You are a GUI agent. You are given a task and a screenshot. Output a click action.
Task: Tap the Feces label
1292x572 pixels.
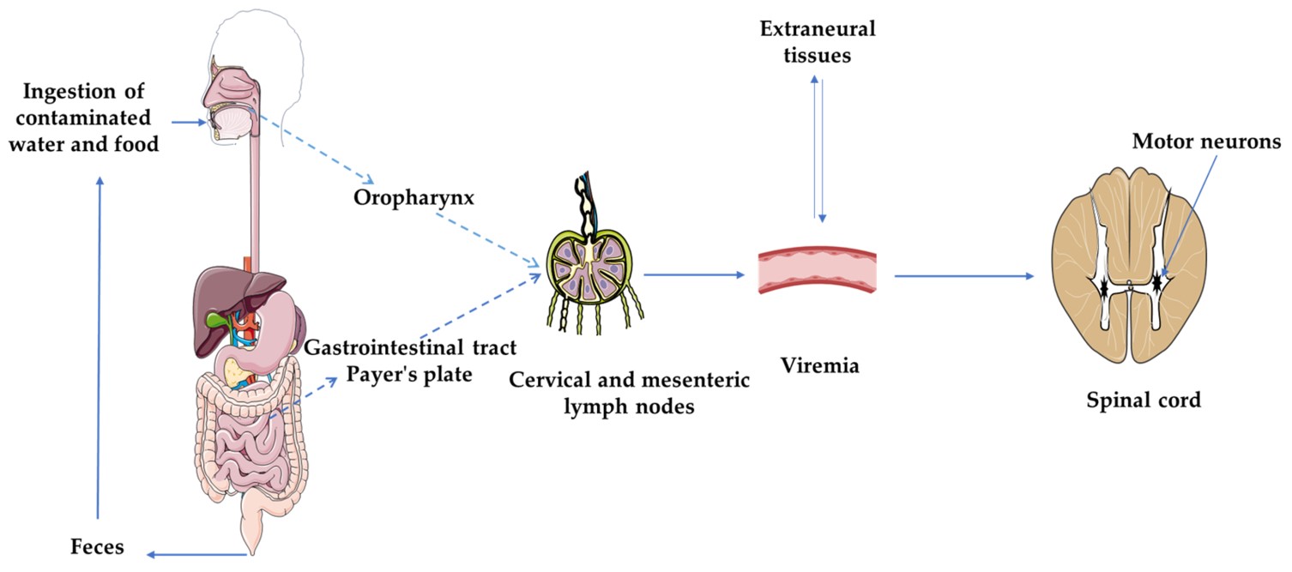tap(97, 546)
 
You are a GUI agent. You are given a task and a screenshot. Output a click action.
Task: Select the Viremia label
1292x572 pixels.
tap(819, 365)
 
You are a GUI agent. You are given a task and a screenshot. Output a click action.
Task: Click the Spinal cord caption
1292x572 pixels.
tap(1144, 399)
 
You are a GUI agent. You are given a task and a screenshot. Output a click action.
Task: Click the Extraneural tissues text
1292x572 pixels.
tap(818, 42)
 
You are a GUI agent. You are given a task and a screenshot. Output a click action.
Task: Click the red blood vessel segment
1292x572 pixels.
tap(818, 271)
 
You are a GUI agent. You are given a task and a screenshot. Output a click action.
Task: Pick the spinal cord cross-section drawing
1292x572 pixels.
tap(1129, 274)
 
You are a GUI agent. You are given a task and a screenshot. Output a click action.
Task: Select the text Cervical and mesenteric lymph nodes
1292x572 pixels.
tap(629, 393)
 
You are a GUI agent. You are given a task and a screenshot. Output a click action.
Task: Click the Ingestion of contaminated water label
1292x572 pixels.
tap(91, 117)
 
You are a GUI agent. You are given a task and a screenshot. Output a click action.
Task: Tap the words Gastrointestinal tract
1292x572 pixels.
tap(411, 348)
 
